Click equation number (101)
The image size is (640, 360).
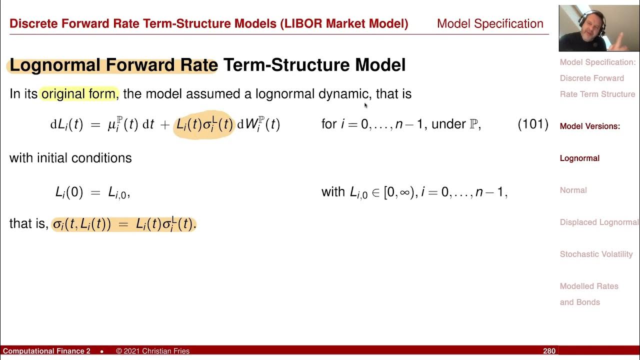pos(533,124)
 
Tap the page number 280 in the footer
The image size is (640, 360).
pos(549,351)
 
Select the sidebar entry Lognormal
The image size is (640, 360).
pos(579,158)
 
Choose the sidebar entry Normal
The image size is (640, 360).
pos(573,190)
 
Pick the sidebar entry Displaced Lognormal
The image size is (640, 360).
pos(599,222)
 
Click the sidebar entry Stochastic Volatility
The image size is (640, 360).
pos(596,254)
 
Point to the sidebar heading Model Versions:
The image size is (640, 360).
pos(589,126)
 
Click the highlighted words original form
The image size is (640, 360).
pos(78,93)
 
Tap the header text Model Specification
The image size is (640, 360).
pos(490,23)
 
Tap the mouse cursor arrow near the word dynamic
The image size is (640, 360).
pos(366,105)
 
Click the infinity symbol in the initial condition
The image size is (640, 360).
pos(403,192)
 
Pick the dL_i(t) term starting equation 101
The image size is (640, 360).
pos(66,125)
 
